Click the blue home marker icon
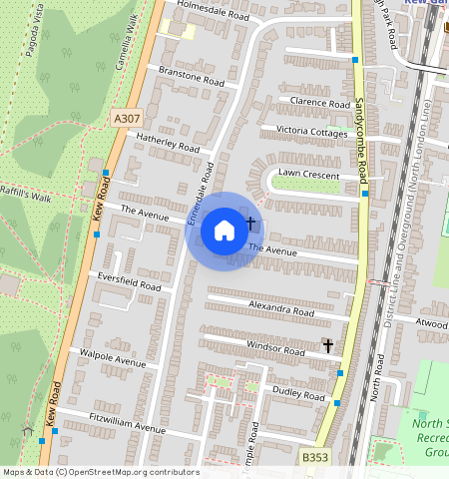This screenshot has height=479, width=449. (224, 231)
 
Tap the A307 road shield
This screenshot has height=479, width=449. (127, 118)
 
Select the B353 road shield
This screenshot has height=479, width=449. (315, 456)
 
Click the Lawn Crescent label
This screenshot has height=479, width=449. (308, 173)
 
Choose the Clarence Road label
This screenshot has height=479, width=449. (319, 102)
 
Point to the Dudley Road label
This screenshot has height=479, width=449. (299, 394)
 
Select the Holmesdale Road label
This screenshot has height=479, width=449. (213, 11)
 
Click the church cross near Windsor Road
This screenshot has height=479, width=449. (327, 345)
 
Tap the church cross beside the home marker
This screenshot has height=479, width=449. (249, 224)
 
